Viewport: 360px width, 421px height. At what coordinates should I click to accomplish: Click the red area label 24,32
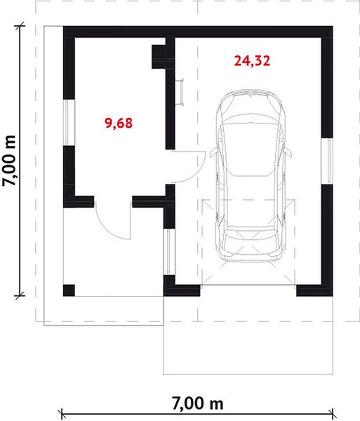click(253, 60)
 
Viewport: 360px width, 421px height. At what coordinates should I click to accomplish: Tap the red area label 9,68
click(119, 123)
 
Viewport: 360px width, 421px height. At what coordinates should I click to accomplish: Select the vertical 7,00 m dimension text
click(11, 159)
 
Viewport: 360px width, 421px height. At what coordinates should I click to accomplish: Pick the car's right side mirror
click(288, 149)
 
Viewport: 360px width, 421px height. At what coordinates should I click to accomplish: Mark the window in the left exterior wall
click(68, 122)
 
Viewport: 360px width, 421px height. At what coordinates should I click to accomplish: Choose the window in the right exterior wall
click(326, 161)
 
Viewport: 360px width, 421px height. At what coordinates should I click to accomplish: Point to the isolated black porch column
click(69, 290)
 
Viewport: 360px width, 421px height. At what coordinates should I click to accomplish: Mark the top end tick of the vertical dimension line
click(20, 27)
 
